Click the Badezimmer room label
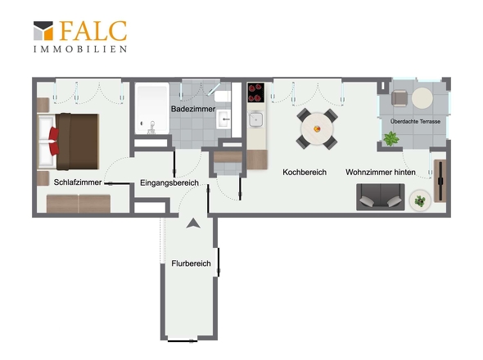click(x=193, y=109)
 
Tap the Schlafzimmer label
click(x=78, y=182)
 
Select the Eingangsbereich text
click(x=169, y=182)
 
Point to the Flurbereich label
click(x=191, y=263)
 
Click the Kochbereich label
click(x=305, y=172)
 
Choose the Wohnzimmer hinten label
click(x=381, y=172)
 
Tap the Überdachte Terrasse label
click(x=415, y=121)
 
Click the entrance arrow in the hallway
click(x=193, y=223)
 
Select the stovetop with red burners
click(x=256, y=92)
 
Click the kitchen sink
click(x=256, y=119)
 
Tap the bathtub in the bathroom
click(x=152, y=108)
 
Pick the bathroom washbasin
click(x=223, y=119)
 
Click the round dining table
click(x=317, y=128)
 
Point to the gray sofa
click(x=381, y=197)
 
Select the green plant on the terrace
click(x=390, y=138)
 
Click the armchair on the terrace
click(x=399, y=98)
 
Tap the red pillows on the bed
click(x=54, y=141)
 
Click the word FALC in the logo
click(x=93, y=31)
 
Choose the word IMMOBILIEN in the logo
click(x=80, y=49)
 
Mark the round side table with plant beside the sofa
click(x=420, y=200)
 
